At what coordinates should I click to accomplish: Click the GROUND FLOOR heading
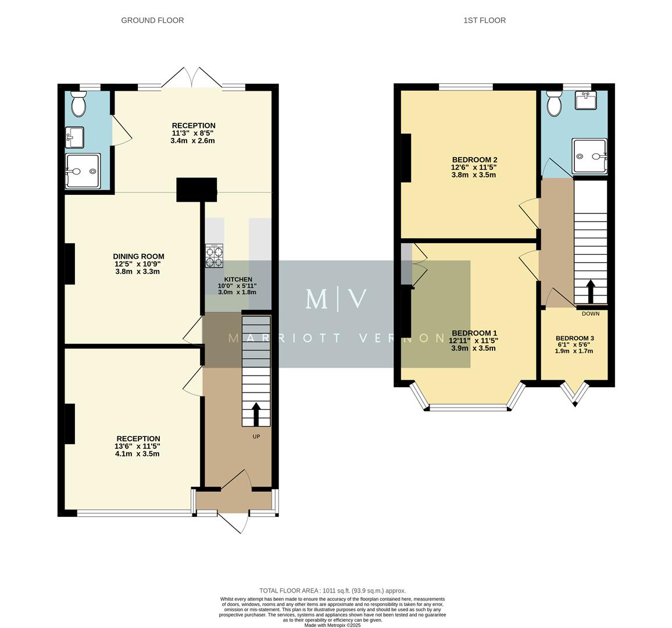pos(152,20)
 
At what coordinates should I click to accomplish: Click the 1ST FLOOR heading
pos(484,20)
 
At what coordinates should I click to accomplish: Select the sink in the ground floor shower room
pos(74,138)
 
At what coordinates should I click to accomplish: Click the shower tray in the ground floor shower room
pos(83,171)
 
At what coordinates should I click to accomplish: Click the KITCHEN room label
pos(237,279)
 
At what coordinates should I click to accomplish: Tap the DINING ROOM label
pos(138,256)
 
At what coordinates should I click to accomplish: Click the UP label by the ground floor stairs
pos(256,436)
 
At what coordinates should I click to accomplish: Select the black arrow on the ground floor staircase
pos(256,414)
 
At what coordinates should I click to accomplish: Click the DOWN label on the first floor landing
pos(591,314)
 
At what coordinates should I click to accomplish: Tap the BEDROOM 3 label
pos(574,338)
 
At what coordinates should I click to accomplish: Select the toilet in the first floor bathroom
pos(555,104)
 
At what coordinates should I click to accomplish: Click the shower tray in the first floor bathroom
pos(589,156)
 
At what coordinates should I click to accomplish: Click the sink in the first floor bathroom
pos(586,101)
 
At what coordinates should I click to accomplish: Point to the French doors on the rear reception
pos(192,78)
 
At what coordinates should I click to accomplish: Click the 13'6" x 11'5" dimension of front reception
pos(137,447)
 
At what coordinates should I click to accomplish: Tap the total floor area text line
pos(333,591)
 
